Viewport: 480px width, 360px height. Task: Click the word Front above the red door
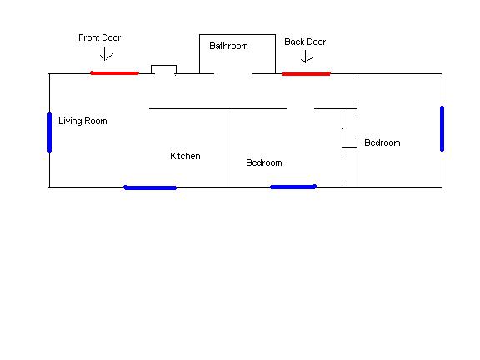89,37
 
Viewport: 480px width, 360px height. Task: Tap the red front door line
114,73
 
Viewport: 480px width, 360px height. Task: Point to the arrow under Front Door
105,54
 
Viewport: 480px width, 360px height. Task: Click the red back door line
306,74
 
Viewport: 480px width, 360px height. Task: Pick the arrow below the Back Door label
306,57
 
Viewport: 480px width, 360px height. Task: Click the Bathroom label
228,46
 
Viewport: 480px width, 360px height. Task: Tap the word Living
70,121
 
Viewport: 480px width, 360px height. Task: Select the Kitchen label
185,156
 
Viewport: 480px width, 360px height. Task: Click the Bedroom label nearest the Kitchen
264,162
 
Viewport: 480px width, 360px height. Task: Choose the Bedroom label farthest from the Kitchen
382,143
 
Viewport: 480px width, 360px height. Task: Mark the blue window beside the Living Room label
50,132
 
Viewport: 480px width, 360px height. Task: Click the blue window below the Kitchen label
150,187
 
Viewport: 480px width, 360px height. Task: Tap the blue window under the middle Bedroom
293,187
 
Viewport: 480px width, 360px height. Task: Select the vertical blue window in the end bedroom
442,128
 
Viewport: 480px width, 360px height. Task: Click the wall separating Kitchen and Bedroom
227,147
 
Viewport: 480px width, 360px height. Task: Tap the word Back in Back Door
293,42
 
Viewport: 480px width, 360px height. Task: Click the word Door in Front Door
111,37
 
